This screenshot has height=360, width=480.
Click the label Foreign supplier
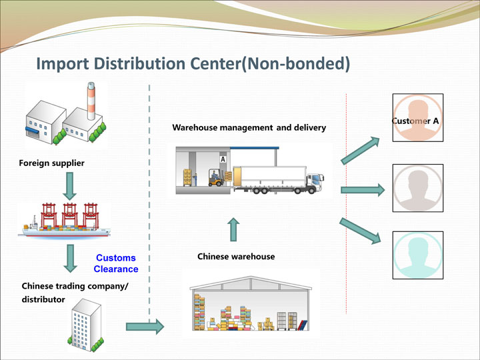51,163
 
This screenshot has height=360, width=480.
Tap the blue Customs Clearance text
116,263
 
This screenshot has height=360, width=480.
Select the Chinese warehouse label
236,257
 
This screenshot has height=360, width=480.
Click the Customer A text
415,121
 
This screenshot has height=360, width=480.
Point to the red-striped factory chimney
91,101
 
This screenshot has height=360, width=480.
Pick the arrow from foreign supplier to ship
70,186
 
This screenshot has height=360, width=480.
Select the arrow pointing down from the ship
70,259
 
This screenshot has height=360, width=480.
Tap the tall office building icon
86,325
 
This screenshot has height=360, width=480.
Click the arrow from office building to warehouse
145,327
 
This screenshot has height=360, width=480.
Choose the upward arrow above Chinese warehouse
233,229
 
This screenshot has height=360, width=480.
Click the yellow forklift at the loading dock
216,178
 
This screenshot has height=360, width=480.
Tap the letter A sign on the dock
223,159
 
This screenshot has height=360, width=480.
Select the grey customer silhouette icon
418,188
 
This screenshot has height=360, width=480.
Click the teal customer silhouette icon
418,255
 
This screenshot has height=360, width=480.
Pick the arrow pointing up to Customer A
360,151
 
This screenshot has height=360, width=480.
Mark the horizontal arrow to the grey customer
363,190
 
